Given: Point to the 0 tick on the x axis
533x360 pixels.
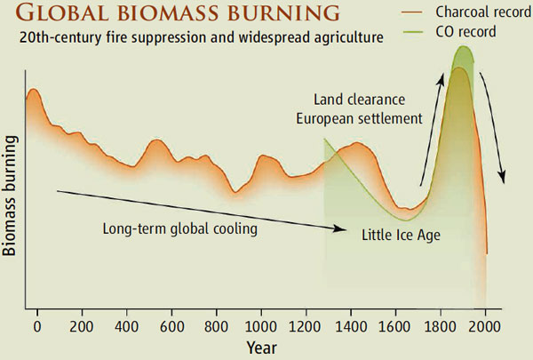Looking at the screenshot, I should pos(37,324).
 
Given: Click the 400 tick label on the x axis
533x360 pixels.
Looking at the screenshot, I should pos(126,324).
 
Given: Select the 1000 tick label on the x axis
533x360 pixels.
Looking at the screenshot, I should pos(260,324).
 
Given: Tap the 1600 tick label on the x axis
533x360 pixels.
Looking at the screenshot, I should pos(394,324).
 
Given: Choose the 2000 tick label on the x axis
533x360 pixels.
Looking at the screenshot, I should pos(484,324).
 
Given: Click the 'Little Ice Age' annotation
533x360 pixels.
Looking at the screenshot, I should pos(401,236).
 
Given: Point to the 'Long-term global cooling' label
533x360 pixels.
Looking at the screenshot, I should pos(179,228).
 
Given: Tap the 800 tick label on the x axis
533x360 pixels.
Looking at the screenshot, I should pos(216,324).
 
